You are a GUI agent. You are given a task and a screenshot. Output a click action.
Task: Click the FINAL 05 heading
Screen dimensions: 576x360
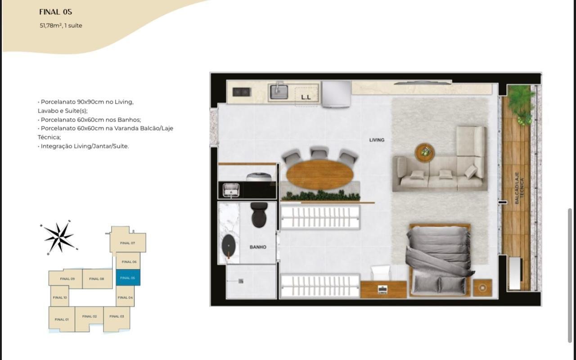pyautogui.click(x=55, y=12)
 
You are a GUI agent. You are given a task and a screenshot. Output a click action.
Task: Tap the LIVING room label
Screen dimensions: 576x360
pyautogui.click(x=377, y=140)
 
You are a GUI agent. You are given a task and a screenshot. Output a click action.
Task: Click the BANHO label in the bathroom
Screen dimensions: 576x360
pyautogui.click(x=258, y=247)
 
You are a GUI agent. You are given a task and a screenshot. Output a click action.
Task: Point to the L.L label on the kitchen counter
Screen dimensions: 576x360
pyautogui.click(x=306, y=97)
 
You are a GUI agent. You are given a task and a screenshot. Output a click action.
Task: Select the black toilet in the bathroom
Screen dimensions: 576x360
pyautogui.click(x=259, y=215)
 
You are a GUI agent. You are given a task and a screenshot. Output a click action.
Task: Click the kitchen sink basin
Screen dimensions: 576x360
pyautogui.click(x=279, y=92)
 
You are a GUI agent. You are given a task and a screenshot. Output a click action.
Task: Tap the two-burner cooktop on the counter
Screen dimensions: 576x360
pyautogui.click(x=242, y=92)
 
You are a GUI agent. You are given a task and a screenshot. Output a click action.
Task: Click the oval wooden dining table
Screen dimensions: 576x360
pyautogui.click(x=320, y=174)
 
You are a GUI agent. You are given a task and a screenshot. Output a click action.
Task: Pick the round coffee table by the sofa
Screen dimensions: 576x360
pyautogui.click(x=424, y=153)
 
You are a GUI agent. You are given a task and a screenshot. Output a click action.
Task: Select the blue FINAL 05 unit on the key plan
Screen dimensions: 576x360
pyautogui.click(x=128, y=278)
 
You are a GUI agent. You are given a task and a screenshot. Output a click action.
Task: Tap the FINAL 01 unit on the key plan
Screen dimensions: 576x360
pyautogui.click(x=62, y=319)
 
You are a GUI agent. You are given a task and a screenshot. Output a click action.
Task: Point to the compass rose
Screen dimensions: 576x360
pyautogui.click(x=59, y=237)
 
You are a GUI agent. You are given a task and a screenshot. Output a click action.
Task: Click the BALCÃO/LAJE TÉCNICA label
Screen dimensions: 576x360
pyautogui.click(x=519, y=188)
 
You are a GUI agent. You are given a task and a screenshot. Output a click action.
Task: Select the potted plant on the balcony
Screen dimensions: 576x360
pyautogui.click(x=521, y=104)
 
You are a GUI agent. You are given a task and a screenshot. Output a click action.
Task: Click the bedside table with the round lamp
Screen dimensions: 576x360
pyautogui.click(x=482, y=288)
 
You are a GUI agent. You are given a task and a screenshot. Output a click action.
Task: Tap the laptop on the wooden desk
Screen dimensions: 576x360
pyautogui.click(x=382, y=289)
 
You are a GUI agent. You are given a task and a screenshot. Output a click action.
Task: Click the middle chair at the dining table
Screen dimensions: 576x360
pyautogui.click(x=319, y=153)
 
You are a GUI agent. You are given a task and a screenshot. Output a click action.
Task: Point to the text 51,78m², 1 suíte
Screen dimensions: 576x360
pyautogui.click(x=61, y=26)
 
